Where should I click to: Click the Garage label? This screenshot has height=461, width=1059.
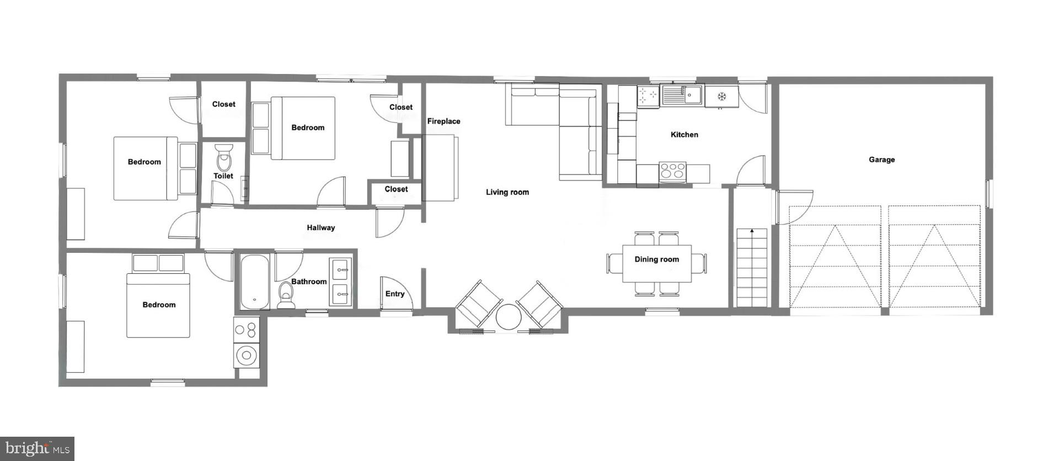pos(881,160)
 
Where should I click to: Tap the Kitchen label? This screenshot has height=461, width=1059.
pos(684,135)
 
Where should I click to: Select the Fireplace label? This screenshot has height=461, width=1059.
pos(443,121)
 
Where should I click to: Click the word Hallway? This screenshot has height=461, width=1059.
pos(320,227)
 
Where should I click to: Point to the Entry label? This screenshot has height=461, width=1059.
pos(395,294)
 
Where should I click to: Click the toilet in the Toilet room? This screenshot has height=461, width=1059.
pos(224,158)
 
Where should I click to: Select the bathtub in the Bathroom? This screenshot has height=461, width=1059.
pos(255,282)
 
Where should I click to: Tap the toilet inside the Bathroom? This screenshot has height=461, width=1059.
pos(286,295)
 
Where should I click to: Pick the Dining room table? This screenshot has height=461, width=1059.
pos(656,263)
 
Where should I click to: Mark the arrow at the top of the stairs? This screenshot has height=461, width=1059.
pos(752,231)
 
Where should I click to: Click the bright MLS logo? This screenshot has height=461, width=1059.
pos(37,448)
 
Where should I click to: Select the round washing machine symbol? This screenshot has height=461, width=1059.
pos(247,355)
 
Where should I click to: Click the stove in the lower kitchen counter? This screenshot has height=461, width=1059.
pos(673,171)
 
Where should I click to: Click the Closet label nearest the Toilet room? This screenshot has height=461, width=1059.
pos(223,104)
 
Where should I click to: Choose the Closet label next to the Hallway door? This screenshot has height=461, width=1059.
pos(396,189)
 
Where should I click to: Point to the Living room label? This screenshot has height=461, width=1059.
pos(507,192)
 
